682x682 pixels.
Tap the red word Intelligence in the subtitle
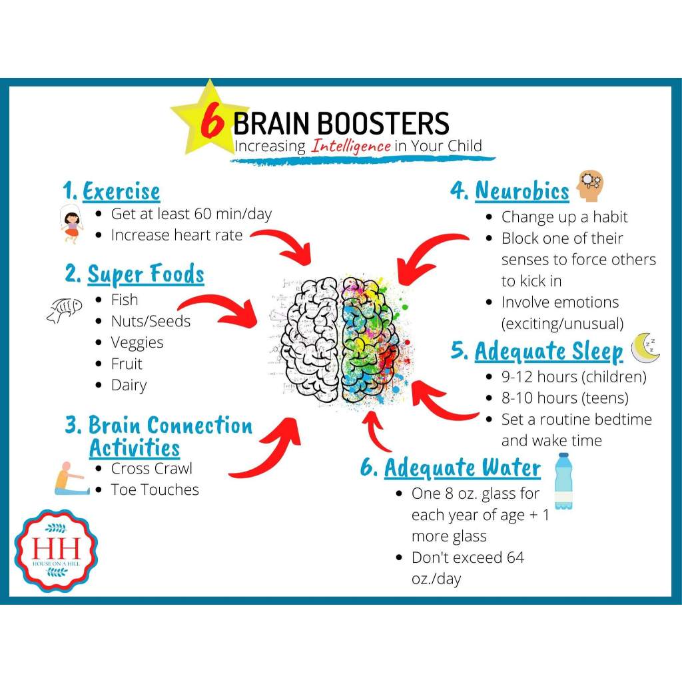[x=350, y=146]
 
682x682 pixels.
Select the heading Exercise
[x=121, y=192]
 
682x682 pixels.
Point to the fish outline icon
[x=65, y=310]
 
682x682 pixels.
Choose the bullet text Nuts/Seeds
[x=151, y=321]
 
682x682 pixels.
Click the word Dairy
[x=129, y=385]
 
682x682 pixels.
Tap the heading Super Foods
[x=146, y=274]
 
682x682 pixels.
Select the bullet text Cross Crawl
[x=151, y=468]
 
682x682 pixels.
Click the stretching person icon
[x=71, y=478]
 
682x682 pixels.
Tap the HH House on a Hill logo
[x=56, y=550]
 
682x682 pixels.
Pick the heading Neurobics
[x=521, y=191]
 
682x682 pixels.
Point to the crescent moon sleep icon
[x=645, y=348]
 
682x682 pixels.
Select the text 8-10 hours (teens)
[x=565, y=398]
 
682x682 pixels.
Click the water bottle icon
[x=563, y=481]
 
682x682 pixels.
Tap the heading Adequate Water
[x=462, y=468]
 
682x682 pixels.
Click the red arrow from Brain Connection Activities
[x=266, y=453]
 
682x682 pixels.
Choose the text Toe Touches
[x=155, y=490]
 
